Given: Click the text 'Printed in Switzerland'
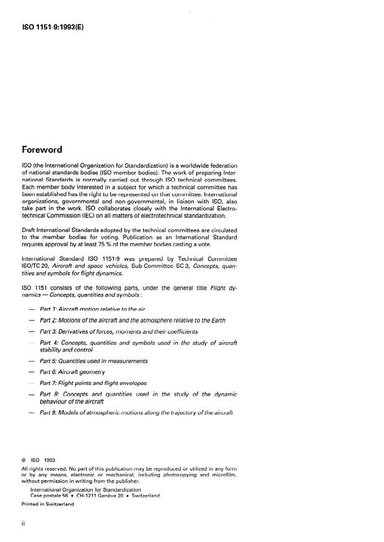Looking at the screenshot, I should point(47,504).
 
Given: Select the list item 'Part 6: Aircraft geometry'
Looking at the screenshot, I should point(72,372).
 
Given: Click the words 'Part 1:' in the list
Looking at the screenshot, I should point(50,308).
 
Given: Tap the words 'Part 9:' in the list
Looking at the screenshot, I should point(50,413).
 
